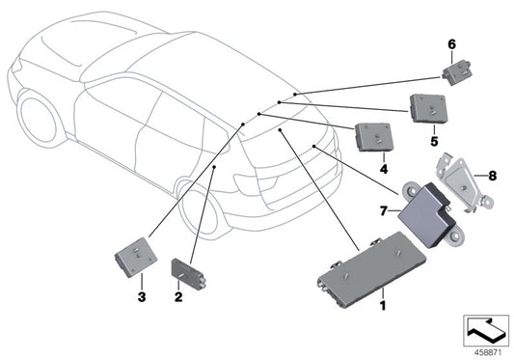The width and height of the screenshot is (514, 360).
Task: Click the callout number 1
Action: click(x=382, y=305)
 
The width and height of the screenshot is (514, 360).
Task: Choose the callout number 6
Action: click(x=449, y=42)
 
